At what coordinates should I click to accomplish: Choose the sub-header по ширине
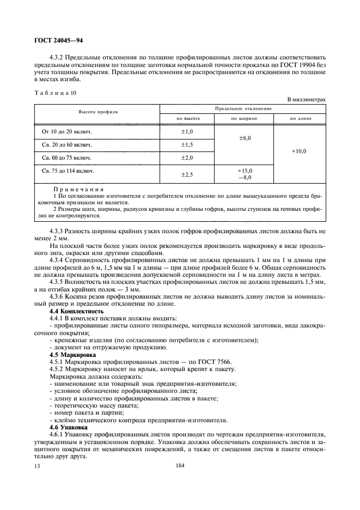[244, 118]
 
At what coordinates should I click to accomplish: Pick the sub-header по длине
[300, 118]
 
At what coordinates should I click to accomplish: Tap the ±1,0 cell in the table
[187, 132]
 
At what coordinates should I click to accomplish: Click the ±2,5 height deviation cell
[187, 174]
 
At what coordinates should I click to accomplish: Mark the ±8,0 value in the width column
[245, 139]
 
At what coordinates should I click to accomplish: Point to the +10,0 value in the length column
[299, 151]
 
